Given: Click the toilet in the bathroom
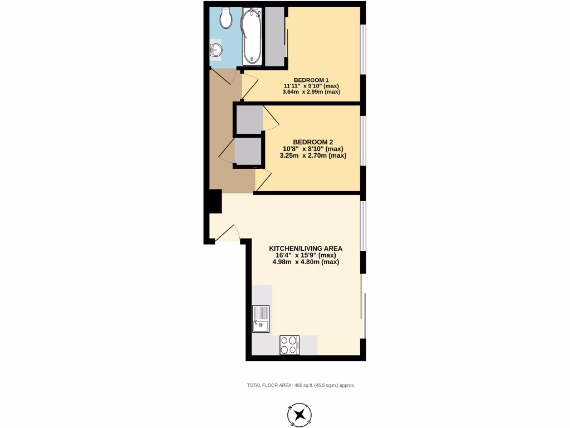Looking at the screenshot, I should click(226, 18).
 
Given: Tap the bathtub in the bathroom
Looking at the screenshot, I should click(252, 36).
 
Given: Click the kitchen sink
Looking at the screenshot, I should click(261, 318).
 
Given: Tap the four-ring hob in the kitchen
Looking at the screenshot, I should click(289, 344).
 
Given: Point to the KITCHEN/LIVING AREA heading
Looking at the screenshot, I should click(306, 248).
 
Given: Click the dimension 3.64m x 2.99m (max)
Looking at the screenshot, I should click(311, 92).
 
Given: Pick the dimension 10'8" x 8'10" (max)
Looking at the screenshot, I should click(312, 149).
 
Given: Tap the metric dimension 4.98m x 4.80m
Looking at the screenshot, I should click(306, 261).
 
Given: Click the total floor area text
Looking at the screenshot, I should click(301, 385).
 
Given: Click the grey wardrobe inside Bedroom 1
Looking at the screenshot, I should click(275, 36).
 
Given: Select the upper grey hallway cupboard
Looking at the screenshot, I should click(249, 119).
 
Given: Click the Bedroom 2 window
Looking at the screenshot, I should click(363, 140).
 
